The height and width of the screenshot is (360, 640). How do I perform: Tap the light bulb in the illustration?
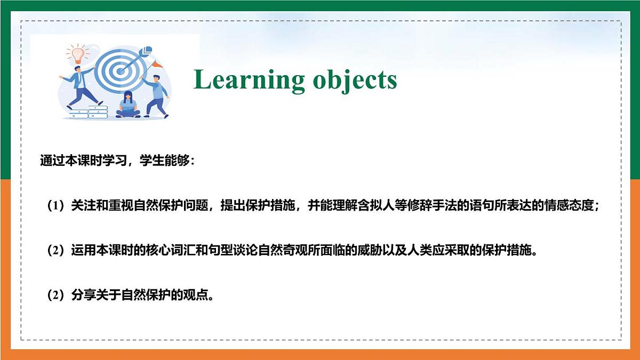(x=78, y=53)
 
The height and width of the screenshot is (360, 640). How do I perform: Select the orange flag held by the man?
(x=156, y=64)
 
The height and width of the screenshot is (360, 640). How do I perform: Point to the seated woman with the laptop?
(x=127, y=105)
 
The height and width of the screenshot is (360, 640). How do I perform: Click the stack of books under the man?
(x=89, y=113)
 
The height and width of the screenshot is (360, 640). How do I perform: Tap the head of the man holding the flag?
(x=155, y=79)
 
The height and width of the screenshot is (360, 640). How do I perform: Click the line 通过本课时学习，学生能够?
(x=117, y=161)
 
